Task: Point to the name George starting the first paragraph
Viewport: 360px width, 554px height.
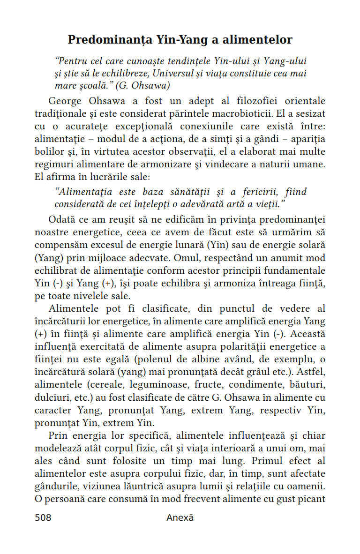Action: pos(65,101)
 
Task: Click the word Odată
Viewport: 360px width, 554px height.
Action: pos(62,220)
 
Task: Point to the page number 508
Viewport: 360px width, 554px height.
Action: pos(43,518)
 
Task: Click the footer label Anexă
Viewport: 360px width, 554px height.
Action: pos(180,518)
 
